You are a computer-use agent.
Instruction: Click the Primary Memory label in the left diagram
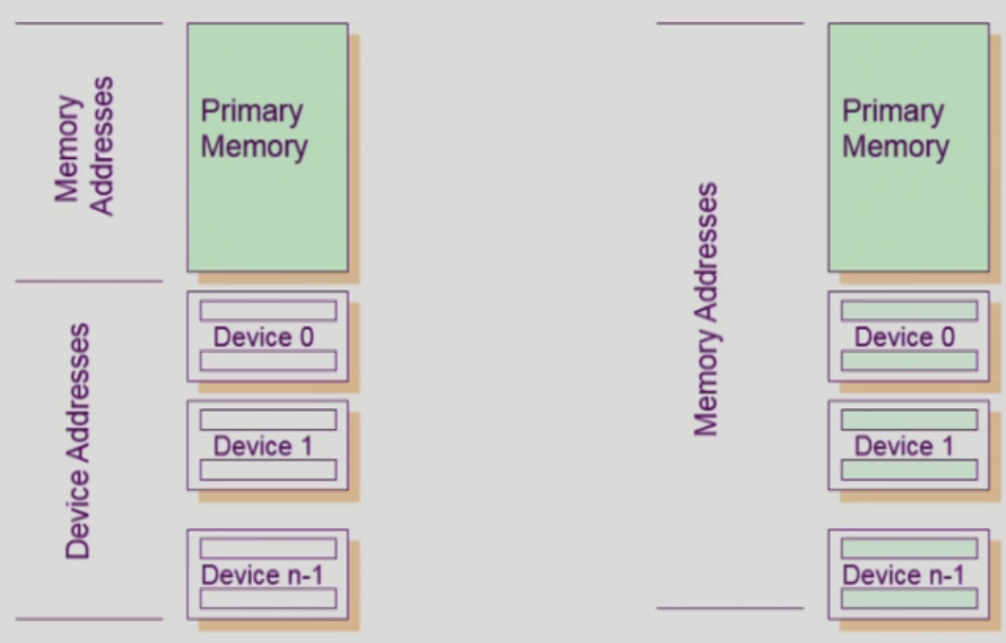253,129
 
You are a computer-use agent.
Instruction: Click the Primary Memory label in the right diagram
895,129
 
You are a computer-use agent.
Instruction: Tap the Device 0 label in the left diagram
263,337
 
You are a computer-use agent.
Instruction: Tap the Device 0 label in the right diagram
904,337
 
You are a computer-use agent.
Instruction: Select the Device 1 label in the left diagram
263,445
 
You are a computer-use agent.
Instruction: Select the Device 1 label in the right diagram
904,445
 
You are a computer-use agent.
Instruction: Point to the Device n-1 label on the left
262,575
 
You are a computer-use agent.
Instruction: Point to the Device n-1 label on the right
903,575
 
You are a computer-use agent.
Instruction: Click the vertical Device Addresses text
79,440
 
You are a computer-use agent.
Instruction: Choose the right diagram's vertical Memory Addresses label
706,310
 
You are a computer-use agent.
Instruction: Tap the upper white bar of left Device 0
267,311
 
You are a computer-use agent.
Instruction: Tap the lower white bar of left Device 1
267,470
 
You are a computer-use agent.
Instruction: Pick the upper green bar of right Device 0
909,311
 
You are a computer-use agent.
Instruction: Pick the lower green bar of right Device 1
909,470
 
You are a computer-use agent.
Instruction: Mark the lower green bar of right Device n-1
909,598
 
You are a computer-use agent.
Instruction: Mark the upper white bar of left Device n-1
267,549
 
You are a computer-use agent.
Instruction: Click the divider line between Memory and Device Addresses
89,282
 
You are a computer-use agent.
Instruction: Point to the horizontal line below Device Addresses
89,619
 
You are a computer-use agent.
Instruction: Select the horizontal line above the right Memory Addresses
729,24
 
